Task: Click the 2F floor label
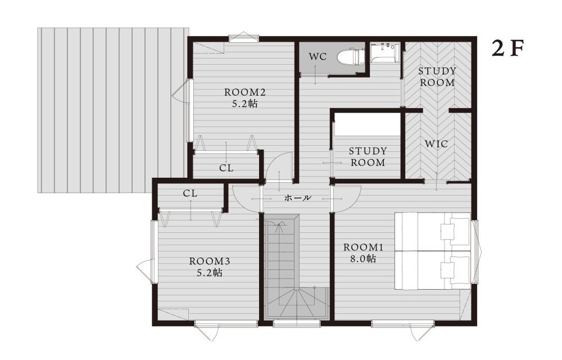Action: tap(508, 48)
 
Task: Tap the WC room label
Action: tap(318, 56)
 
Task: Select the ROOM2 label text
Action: tap(245, 92)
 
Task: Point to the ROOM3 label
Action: tap(209, 261)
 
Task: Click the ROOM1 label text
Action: tap(363, 247)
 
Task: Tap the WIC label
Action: tap(436, 144)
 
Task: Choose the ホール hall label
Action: tap(298, 197)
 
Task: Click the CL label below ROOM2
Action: tap(226, 168)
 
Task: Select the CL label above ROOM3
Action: tap(190, 193)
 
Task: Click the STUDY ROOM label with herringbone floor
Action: tap(437, 76)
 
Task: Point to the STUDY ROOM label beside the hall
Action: tap(368, 156)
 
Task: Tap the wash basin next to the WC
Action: tap(384, 53)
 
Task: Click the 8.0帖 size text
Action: tap(363, 259)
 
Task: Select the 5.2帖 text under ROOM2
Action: tap(245, 104)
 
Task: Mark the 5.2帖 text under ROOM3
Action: tap(209, 273)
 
